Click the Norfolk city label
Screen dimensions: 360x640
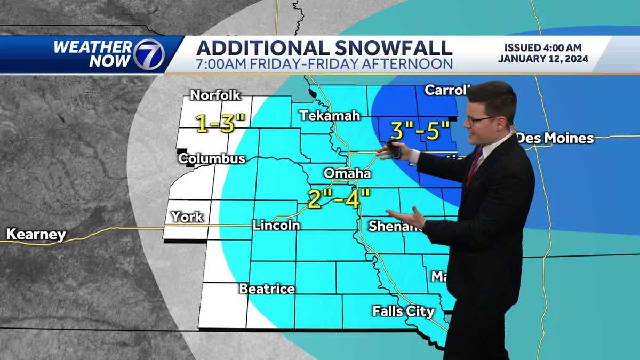(x=215, y=96)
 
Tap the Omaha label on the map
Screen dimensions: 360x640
(x=347, y=174)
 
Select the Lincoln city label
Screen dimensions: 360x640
(x=276, y=225)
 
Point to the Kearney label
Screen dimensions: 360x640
(x=36, y=235)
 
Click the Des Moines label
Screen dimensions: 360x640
(x=556, y=138)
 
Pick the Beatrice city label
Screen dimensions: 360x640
(x=267, y=289)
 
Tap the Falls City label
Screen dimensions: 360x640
(x=403, y=311)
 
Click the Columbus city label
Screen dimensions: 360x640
(x=211, y=158)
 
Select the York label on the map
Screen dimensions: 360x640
(x=187, y=217)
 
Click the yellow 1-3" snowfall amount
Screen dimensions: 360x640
(x=220, y=123)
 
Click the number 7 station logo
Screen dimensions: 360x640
(x=149, y=54)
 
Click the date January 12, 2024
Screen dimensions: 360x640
(x=543, y=59)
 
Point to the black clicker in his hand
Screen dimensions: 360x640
(x=394, y=149)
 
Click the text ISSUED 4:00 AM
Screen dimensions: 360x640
(x=543, y=47)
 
